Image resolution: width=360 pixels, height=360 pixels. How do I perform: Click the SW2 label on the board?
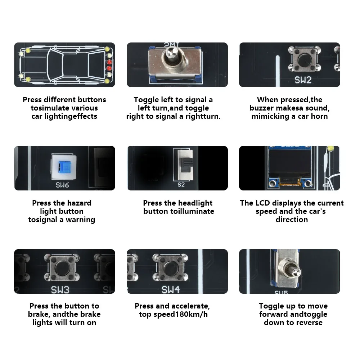[303, 80]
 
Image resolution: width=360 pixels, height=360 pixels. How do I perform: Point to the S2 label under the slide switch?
[181, 185]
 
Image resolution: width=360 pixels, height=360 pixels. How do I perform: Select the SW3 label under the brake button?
[60, 290]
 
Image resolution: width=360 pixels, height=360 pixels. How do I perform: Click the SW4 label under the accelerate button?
[171, 290]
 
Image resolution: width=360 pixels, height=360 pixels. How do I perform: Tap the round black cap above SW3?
[62, 268]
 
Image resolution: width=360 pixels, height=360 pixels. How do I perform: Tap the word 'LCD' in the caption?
[263, 203]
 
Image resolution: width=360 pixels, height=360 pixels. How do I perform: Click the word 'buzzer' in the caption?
[261, 108]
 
